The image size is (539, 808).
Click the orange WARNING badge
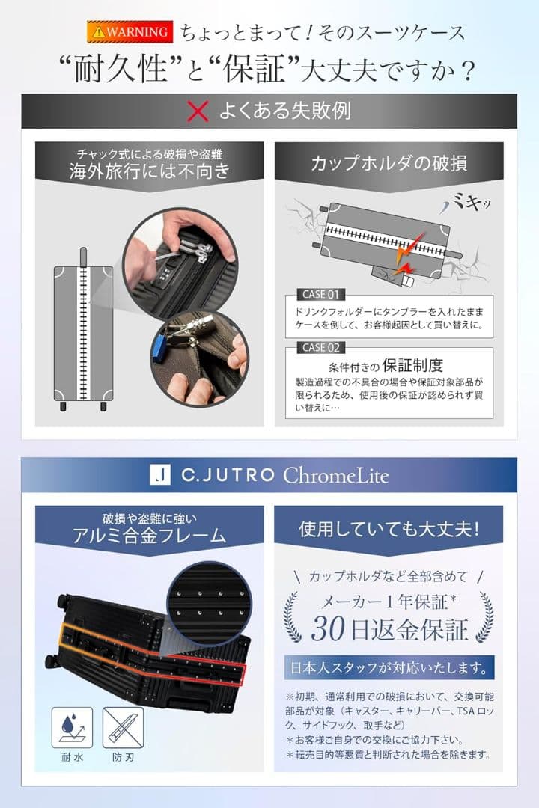pyautogui.click(x=127, y=31)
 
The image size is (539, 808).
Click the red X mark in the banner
pyautogui.click(x=197, y=111)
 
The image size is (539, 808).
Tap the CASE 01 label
pyautogui.click(x=321, y=294)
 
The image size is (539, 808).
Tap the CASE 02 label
pyautogui.click(x=321, y=347)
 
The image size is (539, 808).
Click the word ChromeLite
pyautogui.click(x=335, y=475)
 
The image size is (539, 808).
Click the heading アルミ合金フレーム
pyautogui.click(x=150, y=535)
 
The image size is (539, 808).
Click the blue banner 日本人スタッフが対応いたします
pyautogui.click(x=389, y=666)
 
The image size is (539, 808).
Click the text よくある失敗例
pyautogui.click(x=284, y=111)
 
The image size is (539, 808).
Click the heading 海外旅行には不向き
pyautogui.click(x=150, y=171)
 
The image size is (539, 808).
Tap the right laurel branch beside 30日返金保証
pyautogui.click(x=484, y=617)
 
